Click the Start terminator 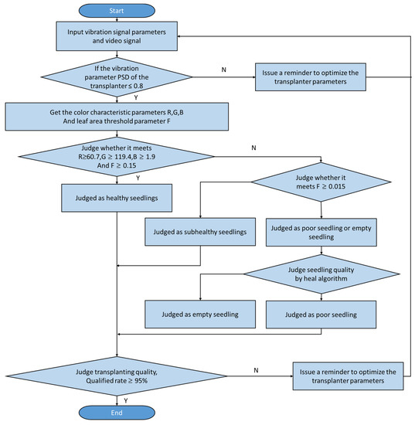tap(117, 11)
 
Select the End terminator tap(117, 413)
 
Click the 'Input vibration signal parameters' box tap(117, 36)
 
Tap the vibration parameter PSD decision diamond tap(117, 77)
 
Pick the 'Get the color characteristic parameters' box tap(117, 117)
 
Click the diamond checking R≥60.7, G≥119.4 tap(117, 157)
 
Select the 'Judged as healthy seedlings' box tap(117, 198)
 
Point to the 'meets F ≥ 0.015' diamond tap(321, 182)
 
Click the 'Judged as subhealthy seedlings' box tap(200, 232)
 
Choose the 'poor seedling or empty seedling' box tap(321, 233)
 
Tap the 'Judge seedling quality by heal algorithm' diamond tap(321, 274)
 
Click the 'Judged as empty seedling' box tap(200, 314)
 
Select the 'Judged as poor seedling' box tap(321, 314)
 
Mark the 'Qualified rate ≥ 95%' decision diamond tap(117, 376)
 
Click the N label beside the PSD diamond tap(223, 70)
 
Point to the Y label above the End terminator tap(126, 400)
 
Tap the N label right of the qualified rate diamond tap(256, 370)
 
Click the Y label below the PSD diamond tap(136, 97)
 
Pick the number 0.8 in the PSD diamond tap(138, 86)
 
